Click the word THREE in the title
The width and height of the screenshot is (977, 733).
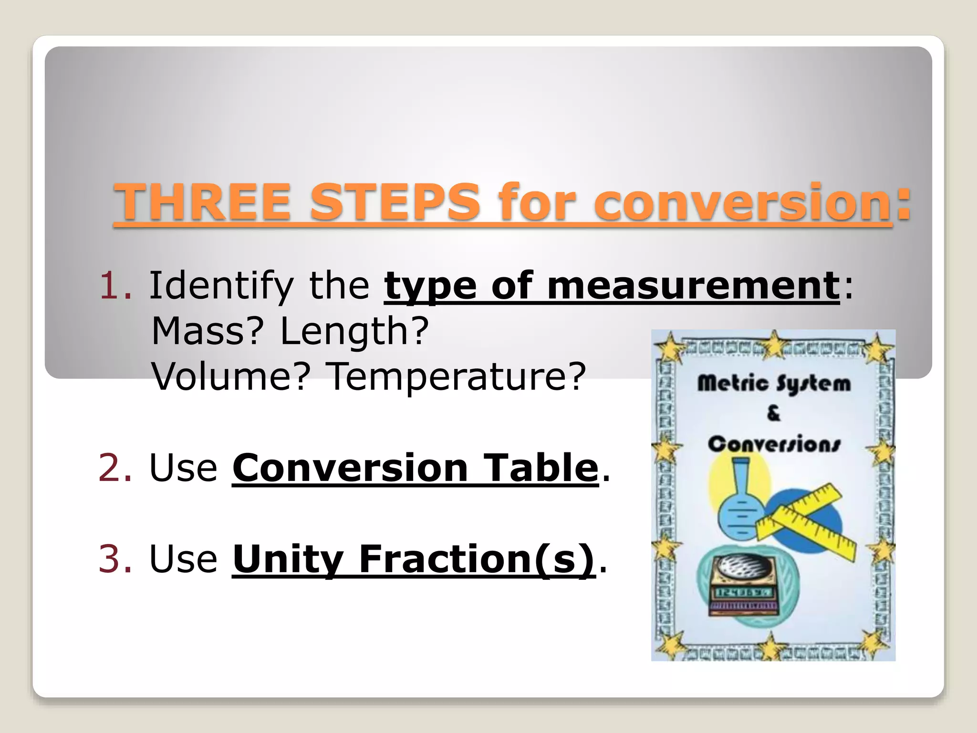(202, 202)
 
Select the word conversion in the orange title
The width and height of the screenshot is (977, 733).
(742, 202)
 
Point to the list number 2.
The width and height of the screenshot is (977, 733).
(114, 468)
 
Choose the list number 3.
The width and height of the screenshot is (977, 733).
(114, 558)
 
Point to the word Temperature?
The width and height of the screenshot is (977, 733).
(457, 376)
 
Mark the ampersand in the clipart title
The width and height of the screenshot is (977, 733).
(773, 413)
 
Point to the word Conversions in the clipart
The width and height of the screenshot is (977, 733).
(773, 444)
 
